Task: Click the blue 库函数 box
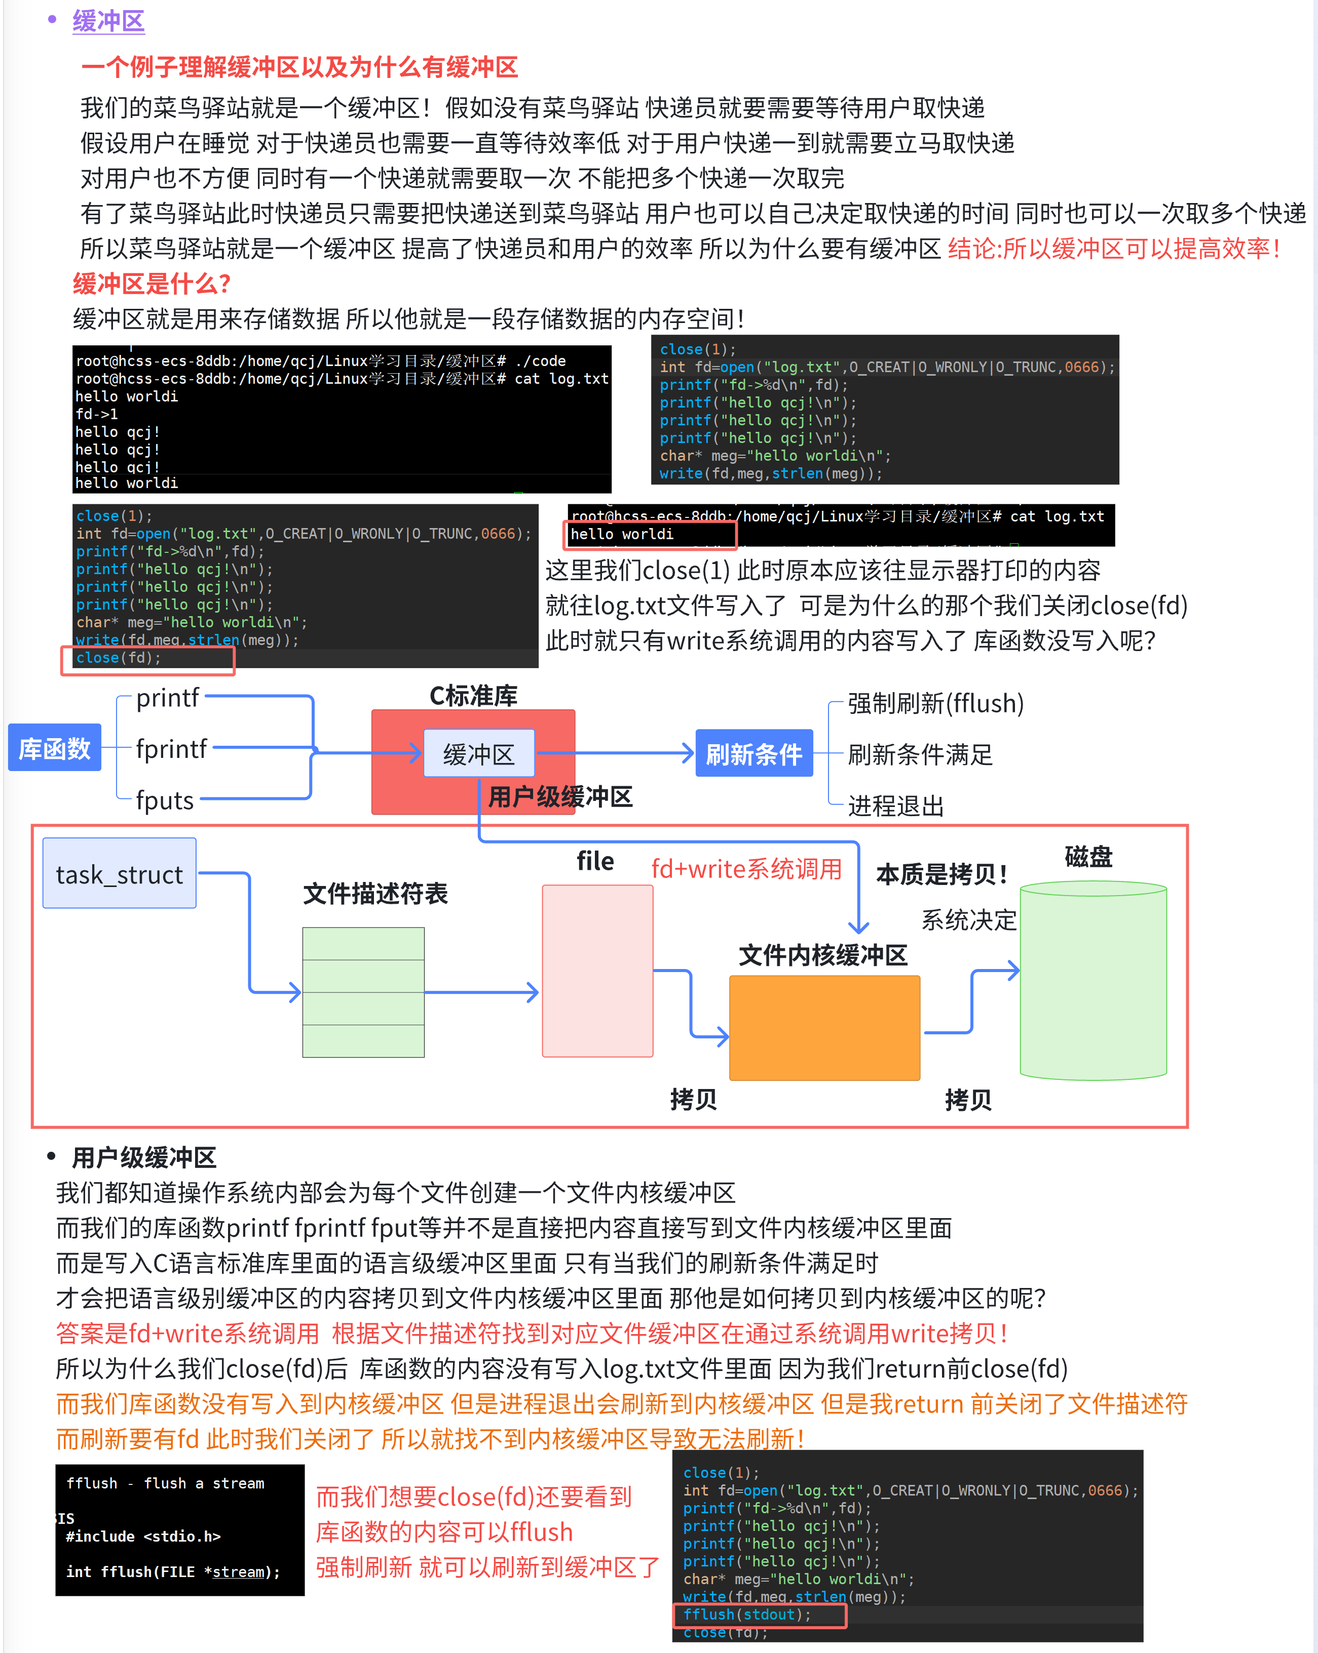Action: coord(54,748)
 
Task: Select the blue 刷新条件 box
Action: coord(754,754)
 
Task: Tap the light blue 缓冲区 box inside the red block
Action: coord(479,754)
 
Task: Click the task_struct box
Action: coord(120,874)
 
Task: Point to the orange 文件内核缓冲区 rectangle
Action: coord(824,1027)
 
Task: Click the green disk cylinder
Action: coord(1093,981)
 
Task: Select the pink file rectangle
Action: coord(597,971)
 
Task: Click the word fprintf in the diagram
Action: coord(171,748)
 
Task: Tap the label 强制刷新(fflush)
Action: coord(935,703)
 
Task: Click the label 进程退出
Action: coord(895,806)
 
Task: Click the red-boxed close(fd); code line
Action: coord(119,658)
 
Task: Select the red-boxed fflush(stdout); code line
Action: coord(747,1614)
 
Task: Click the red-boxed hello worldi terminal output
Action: coord(622,535)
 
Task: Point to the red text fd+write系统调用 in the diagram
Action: coord(746,869)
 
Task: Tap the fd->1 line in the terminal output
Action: coord(97,414)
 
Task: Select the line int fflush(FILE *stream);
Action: coord(173,1571)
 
